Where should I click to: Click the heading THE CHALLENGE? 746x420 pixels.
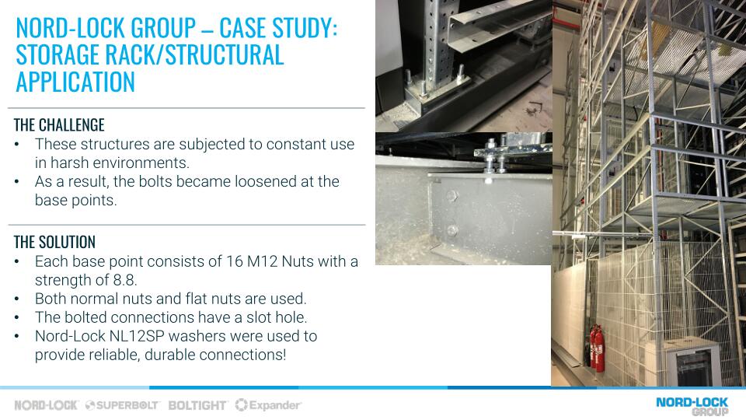click(59, 125)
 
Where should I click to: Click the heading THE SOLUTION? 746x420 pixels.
click(54, 242)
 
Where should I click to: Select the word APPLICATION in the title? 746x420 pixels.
click(75, 82)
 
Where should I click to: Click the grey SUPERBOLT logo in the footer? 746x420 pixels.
click(122, 405)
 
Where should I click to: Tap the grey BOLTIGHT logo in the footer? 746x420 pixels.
click(197, 405)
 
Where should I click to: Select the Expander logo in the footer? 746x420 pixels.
click(269, 405)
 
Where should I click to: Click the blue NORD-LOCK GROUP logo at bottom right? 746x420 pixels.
click(692, 406)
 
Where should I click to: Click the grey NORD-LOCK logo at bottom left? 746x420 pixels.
click(46, 405)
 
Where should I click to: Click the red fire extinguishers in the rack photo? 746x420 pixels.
click(597, 348)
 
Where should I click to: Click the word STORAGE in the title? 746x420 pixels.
click(58, 54)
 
